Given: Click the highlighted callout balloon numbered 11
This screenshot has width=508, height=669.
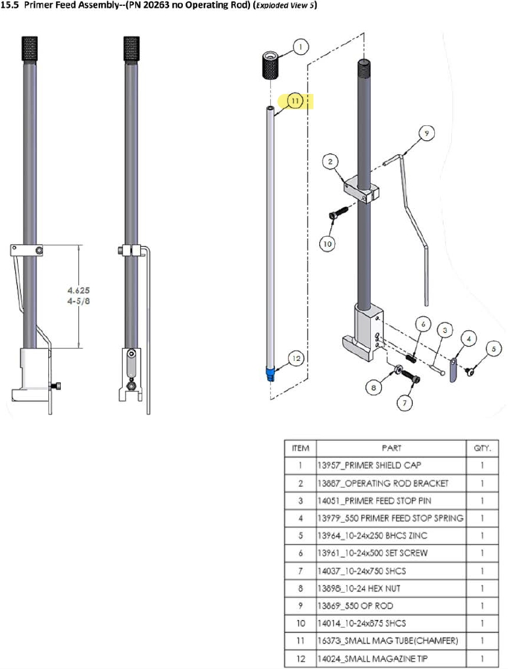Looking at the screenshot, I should coord(295,101).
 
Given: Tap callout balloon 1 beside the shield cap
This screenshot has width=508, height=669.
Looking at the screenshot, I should coord(300,47).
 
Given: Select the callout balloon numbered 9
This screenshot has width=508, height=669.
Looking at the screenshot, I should coord(426,134).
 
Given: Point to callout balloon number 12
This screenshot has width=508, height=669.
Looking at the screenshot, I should coord(296,358).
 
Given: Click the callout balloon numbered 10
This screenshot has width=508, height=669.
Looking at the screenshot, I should coord(327,243).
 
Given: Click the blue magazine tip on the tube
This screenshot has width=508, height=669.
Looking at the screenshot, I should coord(271,375).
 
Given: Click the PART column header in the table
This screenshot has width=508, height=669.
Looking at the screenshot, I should coord(391,448).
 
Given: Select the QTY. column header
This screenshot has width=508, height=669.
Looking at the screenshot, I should coord(482,448).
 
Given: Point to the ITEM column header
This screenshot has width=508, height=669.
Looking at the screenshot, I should coord(300,448).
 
